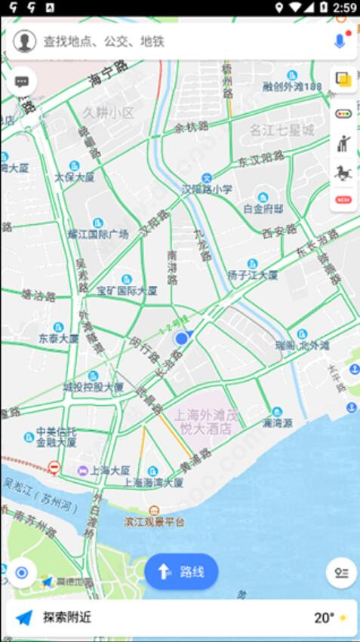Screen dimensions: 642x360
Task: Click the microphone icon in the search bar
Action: [339, 41]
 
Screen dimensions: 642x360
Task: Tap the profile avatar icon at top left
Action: [24, 41]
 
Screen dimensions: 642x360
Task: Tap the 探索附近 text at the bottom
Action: [66, 617]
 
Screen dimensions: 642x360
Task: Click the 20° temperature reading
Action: [324, 618]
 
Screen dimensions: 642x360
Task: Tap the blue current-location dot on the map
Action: [181, 339]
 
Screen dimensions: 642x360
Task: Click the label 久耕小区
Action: [108, 113]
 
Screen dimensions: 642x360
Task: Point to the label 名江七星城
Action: [282, 131]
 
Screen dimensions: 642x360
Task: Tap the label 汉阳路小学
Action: [207, 189]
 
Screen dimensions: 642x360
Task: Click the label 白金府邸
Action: [263, 208]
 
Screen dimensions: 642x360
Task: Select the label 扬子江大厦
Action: [253, 275]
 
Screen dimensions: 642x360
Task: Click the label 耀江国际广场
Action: [98, 234]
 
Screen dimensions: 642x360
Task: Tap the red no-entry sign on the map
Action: [54, 468]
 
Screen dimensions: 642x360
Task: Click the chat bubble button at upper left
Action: [21, 81]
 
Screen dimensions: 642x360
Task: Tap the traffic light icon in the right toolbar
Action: [343, 113]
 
